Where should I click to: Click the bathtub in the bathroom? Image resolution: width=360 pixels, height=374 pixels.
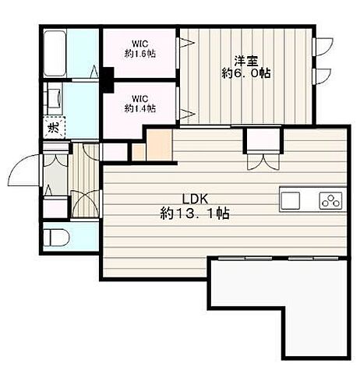point(54,54)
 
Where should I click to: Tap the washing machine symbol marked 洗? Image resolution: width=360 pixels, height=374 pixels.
point(54,127)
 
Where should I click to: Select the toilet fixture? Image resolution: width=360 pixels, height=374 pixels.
point(56,237)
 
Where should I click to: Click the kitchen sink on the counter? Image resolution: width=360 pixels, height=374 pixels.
point(291,200)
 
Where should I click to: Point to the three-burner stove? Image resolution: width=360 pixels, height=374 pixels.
point(330,201)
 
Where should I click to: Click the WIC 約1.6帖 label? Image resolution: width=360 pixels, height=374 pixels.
point(140,48)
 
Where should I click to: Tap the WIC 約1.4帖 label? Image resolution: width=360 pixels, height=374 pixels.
point(140,104)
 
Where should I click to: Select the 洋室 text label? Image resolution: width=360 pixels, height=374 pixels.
point(246,61)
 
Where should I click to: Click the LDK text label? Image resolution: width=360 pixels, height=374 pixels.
point(195,199)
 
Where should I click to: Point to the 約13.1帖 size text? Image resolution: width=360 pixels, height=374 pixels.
point(195,213)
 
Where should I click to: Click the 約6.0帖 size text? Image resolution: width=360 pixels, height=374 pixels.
point(246,73)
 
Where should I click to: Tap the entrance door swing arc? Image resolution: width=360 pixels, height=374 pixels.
point(25,170)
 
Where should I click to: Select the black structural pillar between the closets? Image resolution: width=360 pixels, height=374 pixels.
point(108,79)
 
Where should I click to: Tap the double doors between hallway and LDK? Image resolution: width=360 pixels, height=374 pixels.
point(85,204)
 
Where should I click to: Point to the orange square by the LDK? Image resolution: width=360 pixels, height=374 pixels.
point(159,145)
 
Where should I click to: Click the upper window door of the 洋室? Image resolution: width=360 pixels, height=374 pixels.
point(323,47)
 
